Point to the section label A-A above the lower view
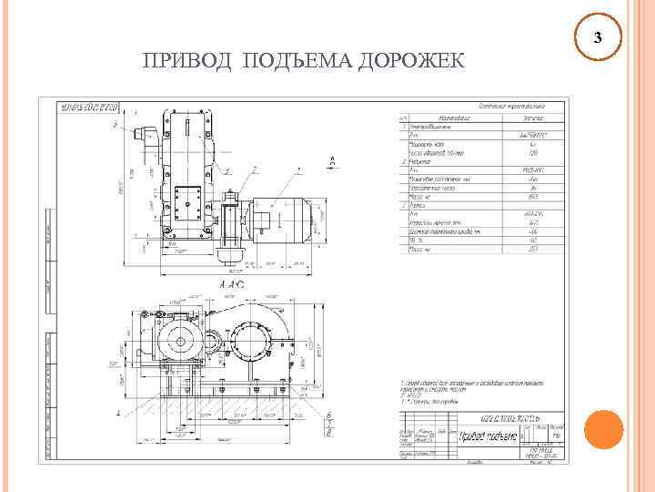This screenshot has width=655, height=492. [233, 285]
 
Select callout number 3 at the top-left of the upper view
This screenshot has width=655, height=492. [115, 126]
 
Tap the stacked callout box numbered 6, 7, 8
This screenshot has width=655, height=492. [328, 421]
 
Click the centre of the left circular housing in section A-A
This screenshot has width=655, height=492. [181, 343]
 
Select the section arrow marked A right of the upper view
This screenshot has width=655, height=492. [332, 161]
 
